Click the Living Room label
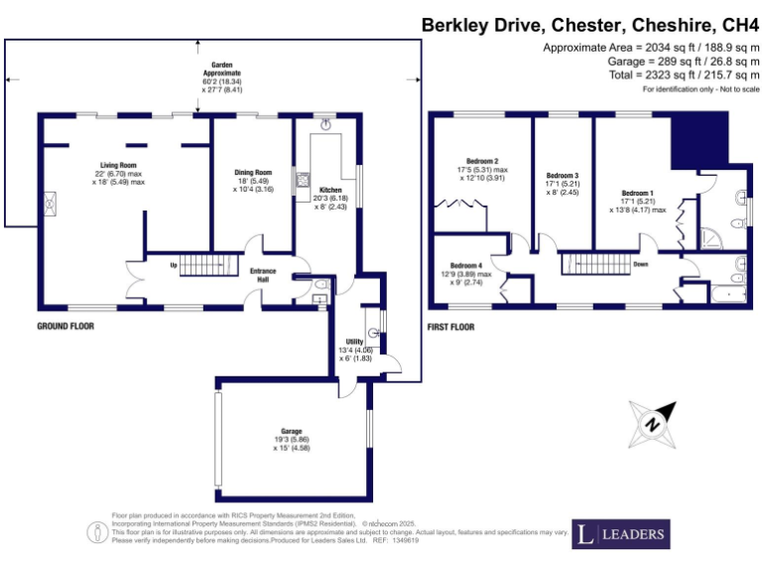click(x=118, y=165)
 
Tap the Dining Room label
click(x=253, y=172)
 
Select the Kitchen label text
click(x=330, y=189)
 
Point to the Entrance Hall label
click(x=263, y=275)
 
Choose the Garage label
click(x=291, y=431)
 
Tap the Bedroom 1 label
click(x=638, y=192)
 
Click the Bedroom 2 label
click(x=482, y=161)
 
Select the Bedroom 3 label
click(x=562, y=176)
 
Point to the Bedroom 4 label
click(x=466, y=265)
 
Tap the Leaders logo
click(x=622, y=534)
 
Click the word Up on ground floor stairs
click(x=174, y=265)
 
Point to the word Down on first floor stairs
click(x=641, y=265)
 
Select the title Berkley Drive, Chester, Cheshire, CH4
click(x=591, y=24)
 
